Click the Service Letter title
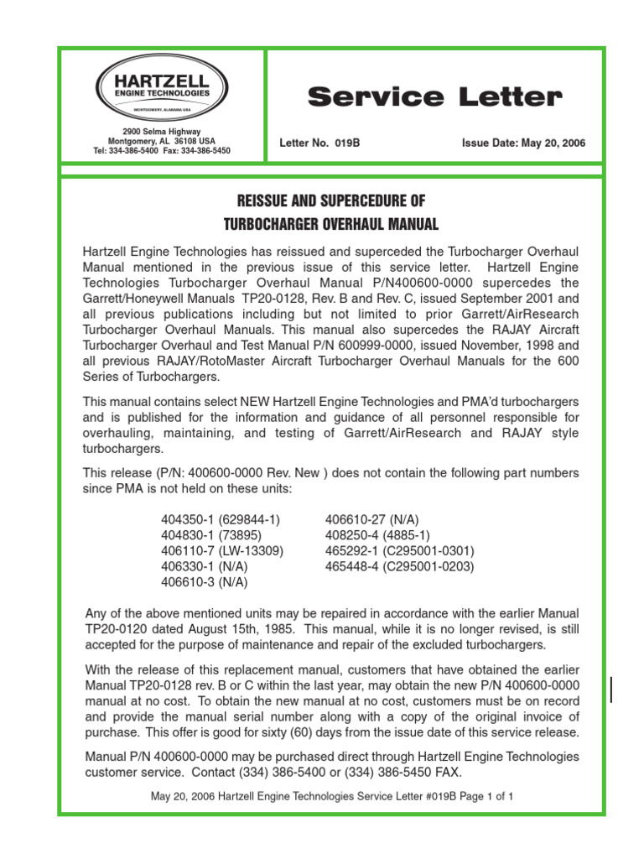tap(434, 97)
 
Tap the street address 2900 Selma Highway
tap(162, 132)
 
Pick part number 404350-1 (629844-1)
tap(221, 520)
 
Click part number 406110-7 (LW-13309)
tap(222, 551)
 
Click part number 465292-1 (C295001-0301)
tap(399, 551)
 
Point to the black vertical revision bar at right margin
tap(610, 690)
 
